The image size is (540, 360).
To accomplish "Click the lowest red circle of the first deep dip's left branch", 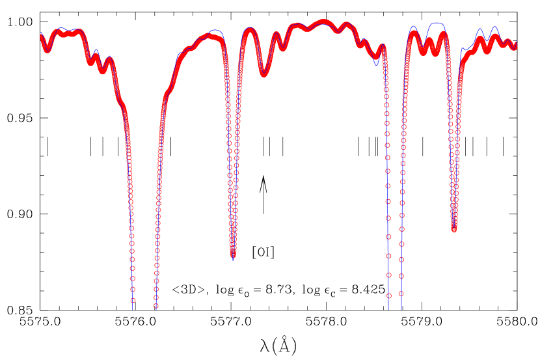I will pyautogui.click(x=133, y=301).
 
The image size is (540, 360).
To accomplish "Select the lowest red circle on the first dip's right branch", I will pyautogui.click(x=155, y=306).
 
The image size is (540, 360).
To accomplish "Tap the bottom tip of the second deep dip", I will pyautogui.click(x=233, y=255).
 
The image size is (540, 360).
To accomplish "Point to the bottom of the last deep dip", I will pyautogui.click(x=454, y=228).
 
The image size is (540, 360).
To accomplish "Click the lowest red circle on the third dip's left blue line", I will pyautogui.click(x=389, y=296).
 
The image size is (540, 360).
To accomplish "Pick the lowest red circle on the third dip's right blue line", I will pyautogui.click(x=401, y=294).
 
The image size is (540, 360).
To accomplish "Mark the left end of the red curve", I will pyautogui.click(x=42, y=36).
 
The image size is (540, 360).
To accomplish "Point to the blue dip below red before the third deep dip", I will pyautogui.click(x=376, y=64).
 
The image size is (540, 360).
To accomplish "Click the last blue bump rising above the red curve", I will pyautogui.click(x=495, y=27).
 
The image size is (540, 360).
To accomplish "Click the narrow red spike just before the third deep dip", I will pyautogui.click(x=383, y=46).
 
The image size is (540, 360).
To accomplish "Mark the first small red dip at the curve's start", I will pyautogui.click(x=47, y=49).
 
